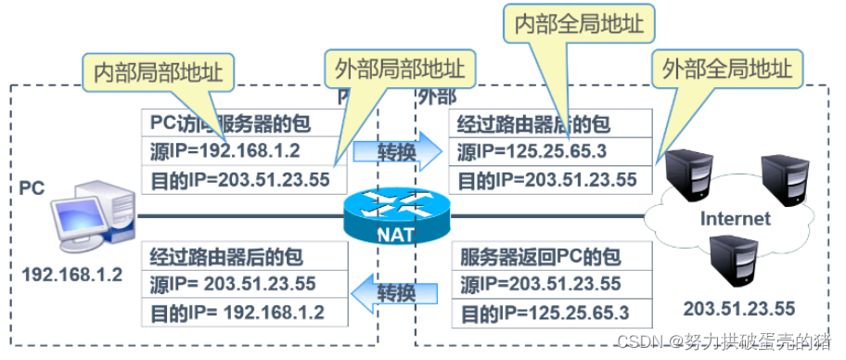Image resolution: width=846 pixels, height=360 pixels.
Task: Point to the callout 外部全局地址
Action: (729, 68)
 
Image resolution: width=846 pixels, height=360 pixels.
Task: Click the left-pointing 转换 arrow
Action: (396, 293)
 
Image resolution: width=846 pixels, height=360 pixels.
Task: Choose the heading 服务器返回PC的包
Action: (540, 255)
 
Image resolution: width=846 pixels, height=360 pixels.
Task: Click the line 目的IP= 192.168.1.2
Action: (237, 310)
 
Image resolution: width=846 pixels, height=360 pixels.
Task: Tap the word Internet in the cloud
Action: (735, 219)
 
